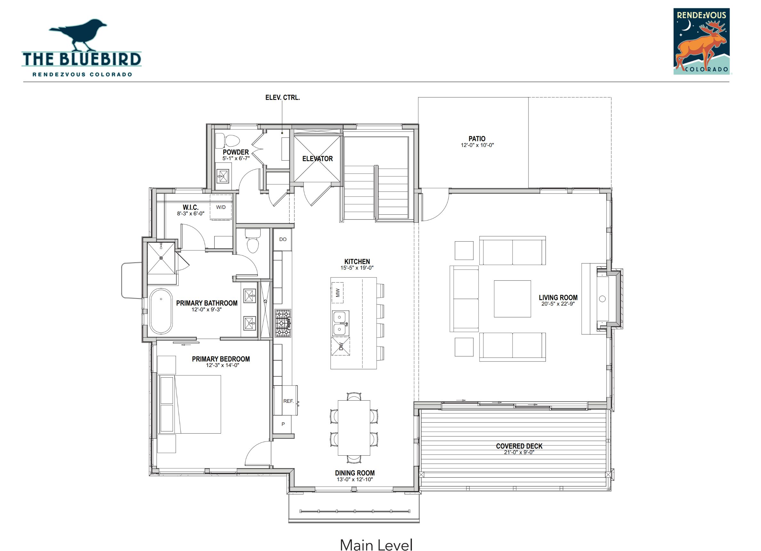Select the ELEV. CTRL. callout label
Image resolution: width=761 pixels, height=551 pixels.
coord(282,98)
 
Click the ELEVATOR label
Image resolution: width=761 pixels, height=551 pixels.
coord(317,158)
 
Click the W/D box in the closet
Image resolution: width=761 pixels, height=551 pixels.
coord(221,207)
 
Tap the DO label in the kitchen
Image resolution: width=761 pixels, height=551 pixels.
coord(283,239)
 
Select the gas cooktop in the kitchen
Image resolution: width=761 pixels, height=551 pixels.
coord(283,323)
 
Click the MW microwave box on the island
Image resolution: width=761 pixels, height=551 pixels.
coord(338,292)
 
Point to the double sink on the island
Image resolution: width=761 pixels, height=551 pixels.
coord(340,323)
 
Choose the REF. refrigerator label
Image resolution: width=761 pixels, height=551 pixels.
coord(288,401)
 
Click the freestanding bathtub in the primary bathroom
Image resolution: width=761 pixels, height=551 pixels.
coord(161,311)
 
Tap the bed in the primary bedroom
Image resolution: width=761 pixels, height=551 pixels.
coord(189,404)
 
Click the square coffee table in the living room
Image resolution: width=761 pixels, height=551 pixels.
coord(512,299)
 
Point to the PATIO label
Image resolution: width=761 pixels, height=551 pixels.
coord(477,139)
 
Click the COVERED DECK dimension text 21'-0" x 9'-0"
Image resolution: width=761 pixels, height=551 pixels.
coord(519,452)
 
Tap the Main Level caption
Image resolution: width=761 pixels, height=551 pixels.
coord(376,544)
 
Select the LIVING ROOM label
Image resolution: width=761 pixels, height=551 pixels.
coord(558,297)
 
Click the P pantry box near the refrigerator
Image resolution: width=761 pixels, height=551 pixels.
coord(283,424)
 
